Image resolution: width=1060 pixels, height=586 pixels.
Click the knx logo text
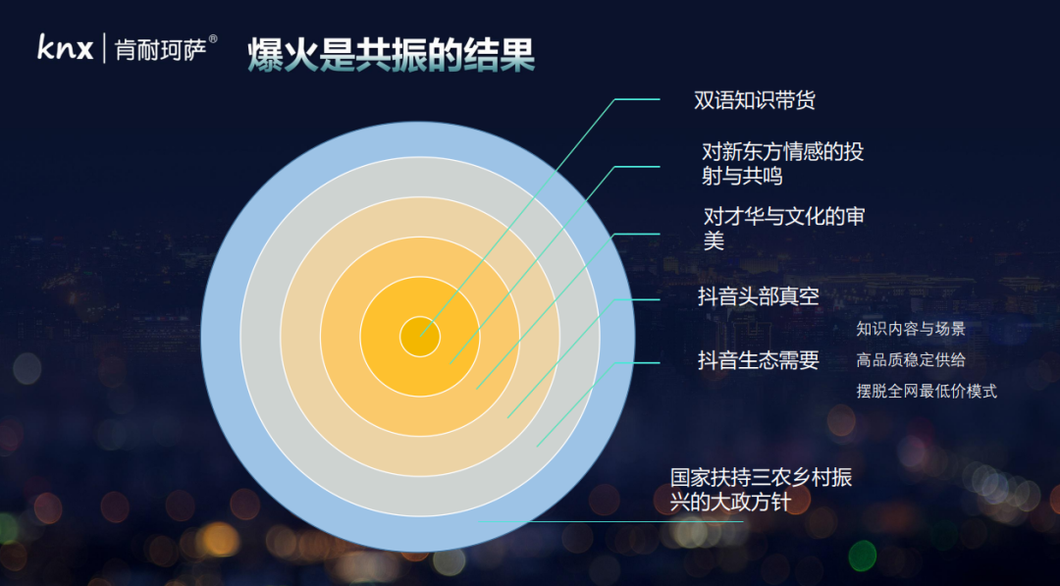tap(66, 47)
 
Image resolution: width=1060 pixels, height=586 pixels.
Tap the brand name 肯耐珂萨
tap(160, 50)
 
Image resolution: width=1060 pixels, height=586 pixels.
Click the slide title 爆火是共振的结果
tap(391, 55)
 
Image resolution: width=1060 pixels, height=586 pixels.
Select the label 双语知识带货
tap(755, 100)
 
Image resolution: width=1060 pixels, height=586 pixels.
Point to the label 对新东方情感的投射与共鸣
tap(783, 164)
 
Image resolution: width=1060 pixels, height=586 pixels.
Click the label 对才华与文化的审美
tap(784, 229)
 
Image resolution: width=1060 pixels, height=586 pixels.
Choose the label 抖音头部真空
tap(759, 296)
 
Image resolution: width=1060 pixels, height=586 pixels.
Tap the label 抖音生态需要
tap(759, 360)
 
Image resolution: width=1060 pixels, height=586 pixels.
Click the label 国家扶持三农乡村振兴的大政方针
tap(762, 490)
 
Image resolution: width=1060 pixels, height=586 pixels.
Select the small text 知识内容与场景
tap(911, 329)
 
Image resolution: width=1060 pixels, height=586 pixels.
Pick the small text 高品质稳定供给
tap(911, 360)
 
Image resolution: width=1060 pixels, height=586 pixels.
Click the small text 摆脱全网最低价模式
tap(927, 392)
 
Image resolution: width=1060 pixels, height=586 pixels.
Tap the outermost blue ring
tap(221, 336)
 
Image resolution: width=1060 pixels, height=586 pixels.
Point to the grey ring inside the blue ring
tap(260, 336)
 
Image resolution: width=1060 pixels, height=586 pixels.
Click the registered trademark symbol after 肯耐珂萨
tap(213, 39)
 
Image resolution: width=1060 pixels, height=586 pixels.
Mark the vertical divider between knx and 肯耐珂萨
tap(104, 48)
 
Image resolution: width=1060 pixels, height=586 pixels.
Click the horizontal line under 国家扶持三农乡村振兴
tap(610, 522)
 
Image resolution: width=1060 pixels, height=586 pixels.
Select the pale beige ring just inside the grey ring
tap(300, 336)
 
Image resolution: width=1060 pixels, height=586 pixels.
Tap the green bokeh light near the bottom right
tap(863, 556)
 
